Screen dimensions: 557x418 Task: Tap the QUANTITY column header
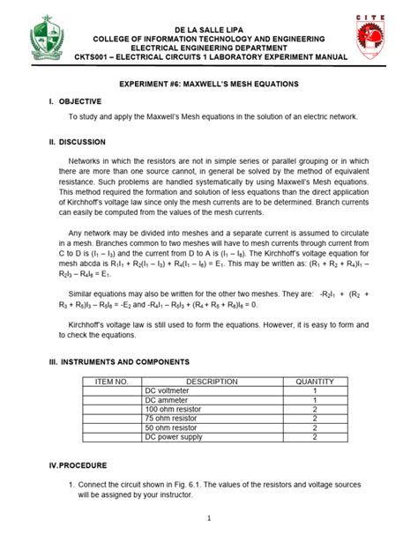(x=314, y=382)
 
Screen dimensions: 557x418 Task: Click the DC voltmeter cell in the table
(x=167, y=391)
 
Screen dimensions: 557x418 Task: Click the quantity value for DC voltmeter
(x=314, y=391)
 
